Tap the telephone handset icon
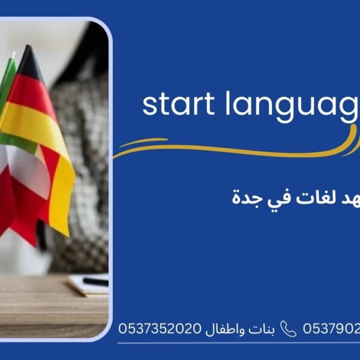click(289, 329)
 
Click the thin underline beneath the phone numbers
click(240, 343)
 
